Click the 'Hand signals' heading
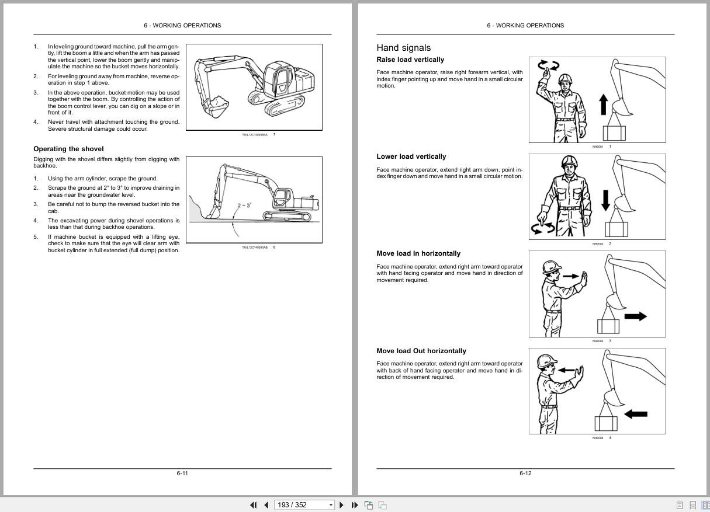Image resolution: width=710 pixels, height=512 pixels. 403,48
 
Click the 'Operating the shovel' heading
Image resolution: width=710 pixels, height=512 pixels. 68,149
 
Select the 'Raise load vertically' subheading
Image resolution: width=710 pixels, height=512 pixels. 410,60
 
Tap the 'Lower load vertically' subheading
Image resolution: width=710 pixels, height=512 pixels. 411,156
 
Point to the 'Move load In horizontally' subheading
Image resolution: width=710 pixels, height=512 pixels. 418,253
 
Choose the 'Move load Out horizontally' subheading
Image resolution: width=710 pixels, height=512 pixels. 421,351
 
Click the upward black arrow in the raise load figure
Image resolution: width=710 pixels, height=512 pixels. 604,105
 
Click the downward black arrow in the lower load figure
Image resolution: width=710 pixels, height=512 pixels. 605,200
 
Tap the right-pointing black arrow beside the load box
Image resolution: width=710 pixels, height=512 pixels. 635,316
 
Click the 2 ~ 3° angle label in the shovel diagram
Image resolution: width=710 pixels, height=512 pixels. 244,206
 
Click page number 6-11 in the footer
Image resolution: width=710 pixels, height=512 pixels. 182,473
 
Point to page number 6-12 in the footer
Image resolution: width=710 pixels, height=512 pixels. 525,473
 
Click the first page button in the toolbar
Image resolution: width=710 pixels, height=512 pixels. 254,505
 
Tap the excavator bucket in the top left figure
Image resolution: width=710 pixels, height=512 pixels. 214,106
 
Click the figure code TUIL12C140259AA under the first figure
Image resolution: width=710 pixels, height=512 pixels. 255,135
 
